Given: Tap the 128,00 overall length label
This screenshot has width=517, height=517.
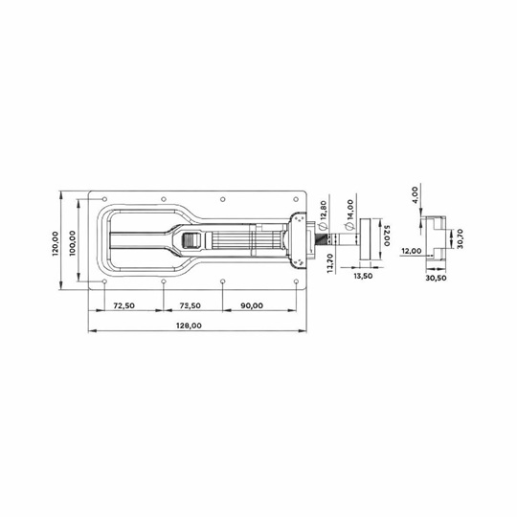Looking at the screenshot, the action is [x=189, y=326].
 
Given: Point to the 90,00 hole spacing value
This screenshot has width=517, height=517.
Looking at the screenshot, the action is [x=252, y=306].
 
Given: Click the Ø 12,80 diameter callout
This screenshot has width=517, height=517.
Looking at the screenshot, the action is [x=323, y=215].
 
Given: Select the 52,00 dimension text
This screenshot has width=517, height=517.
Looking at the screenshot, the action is [x=387, y=236].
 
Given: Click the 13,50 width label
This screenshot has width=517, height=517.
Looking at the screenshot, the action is [x=363, y=276].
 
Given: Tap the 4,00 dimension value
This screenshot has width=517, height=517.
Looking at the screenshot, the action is [x=415, y=195].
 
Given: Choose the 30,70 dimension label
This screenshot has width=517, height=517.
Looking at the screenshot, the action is [x=461, y=238].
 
